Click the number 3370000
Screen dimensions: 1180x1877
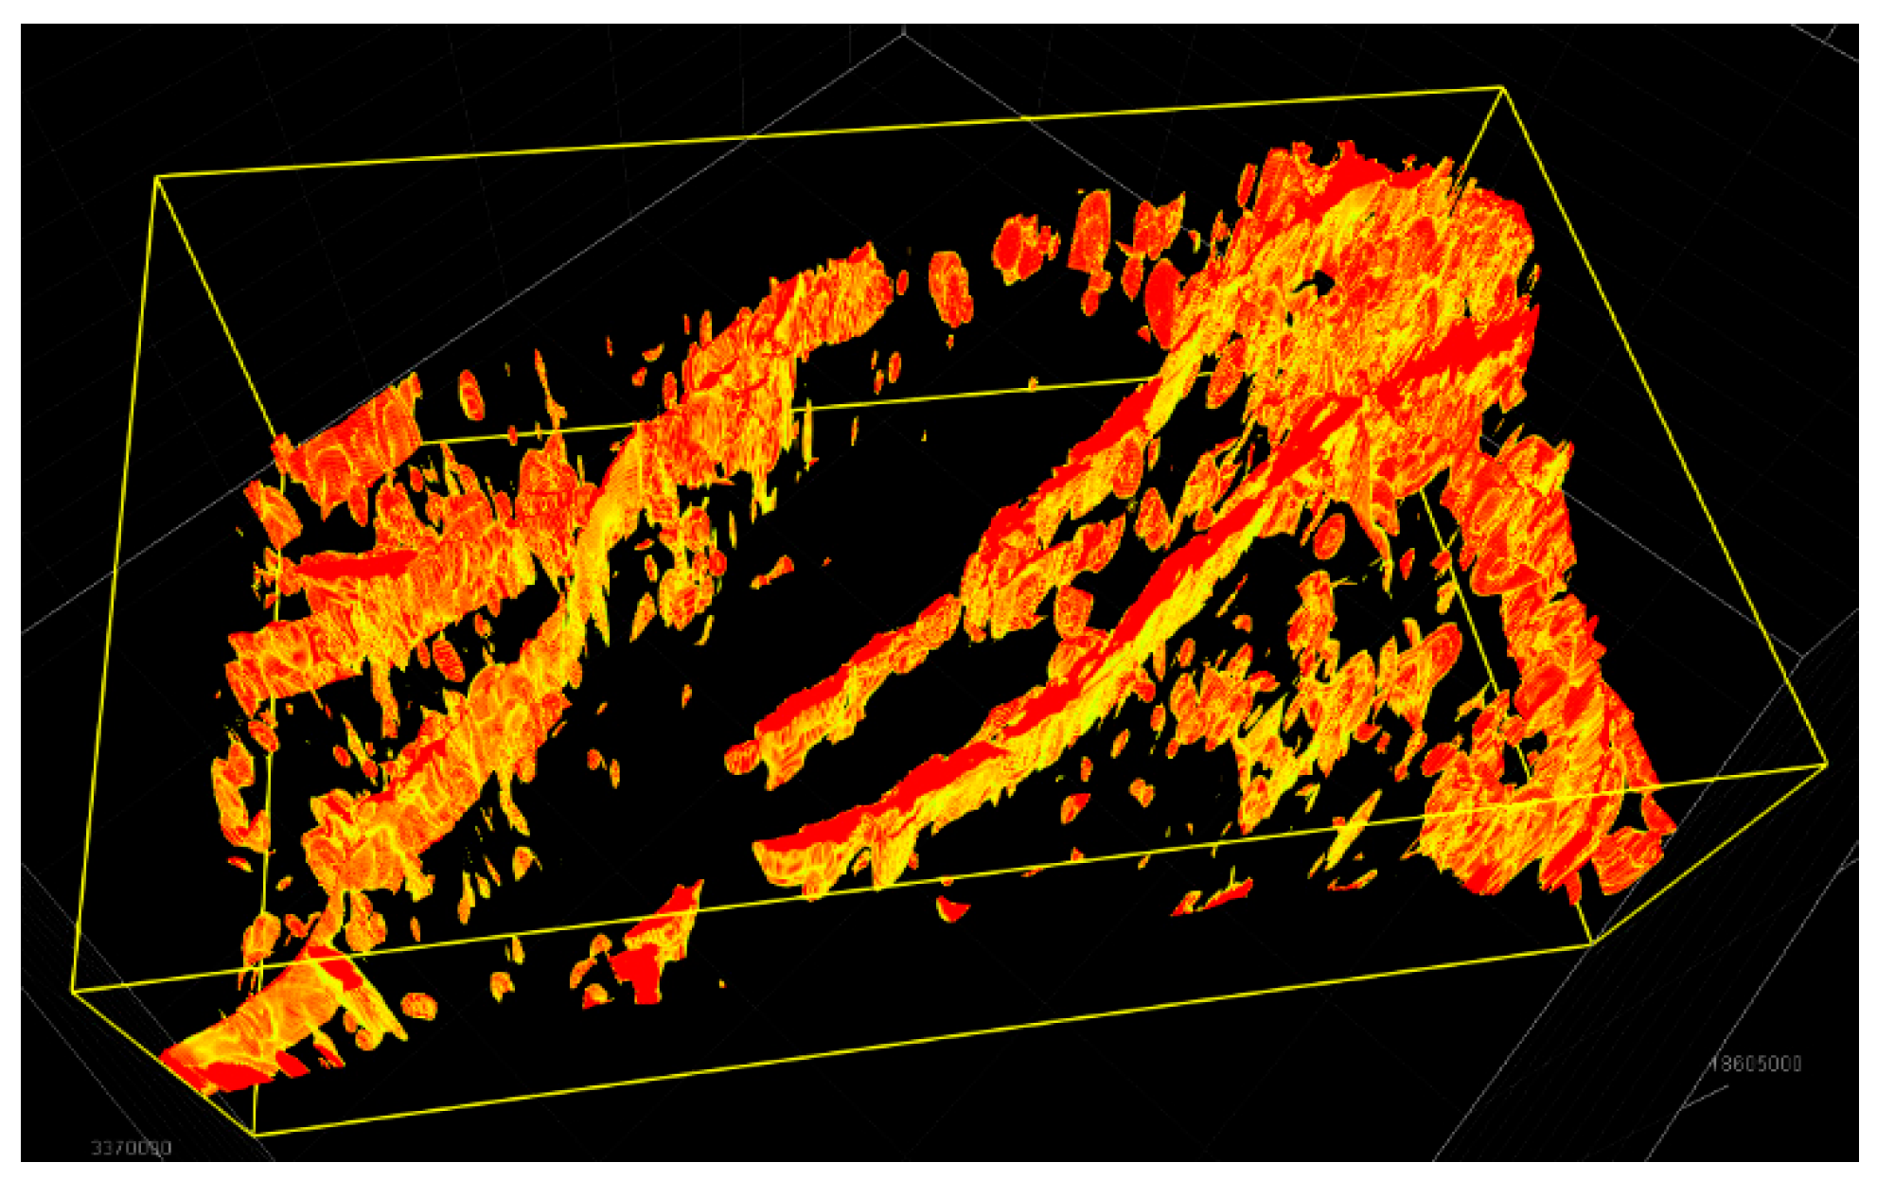point(131,1148)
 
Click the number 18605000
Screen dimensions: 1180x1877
point(1755,1064)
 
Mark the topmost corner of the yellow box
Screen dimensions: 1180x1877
point(1502,88)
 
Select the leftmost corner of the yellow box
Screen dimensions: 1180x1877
point(72,991)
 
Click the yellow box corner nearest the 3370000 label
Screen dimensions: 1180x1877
point(256,1133)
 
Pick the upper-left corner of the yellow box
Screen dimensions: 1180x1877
point(156,176)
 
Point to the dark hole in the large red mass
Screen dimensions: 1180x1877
point(1321,281)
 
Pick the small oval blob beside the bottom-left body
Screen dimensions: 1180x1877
point(418,1005)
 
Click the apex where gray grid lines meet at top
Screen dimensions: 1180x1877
point(904,31)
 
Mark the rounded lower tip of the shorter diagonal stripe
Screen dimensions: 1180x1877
point(740,758)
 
